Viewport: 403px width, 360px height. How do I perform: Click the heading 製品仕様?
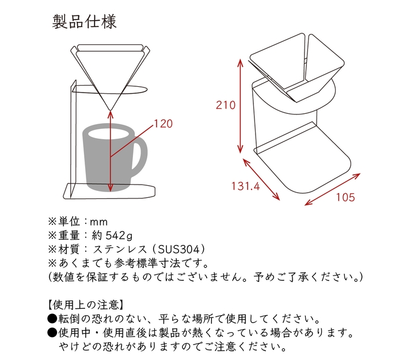85,22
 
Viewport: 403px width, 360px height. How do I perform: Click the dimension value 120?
164,123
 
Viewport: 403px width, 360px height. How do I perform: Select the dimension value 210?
226,105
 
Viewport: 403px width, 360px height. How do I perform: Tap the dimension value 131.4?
246,186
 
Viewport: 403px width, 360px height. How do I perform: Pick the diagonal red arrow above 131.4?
263,179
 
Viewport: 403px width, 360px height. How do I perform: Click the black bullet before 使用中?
51,333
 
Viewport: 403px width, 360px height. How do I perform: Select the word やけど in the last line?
74,347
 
